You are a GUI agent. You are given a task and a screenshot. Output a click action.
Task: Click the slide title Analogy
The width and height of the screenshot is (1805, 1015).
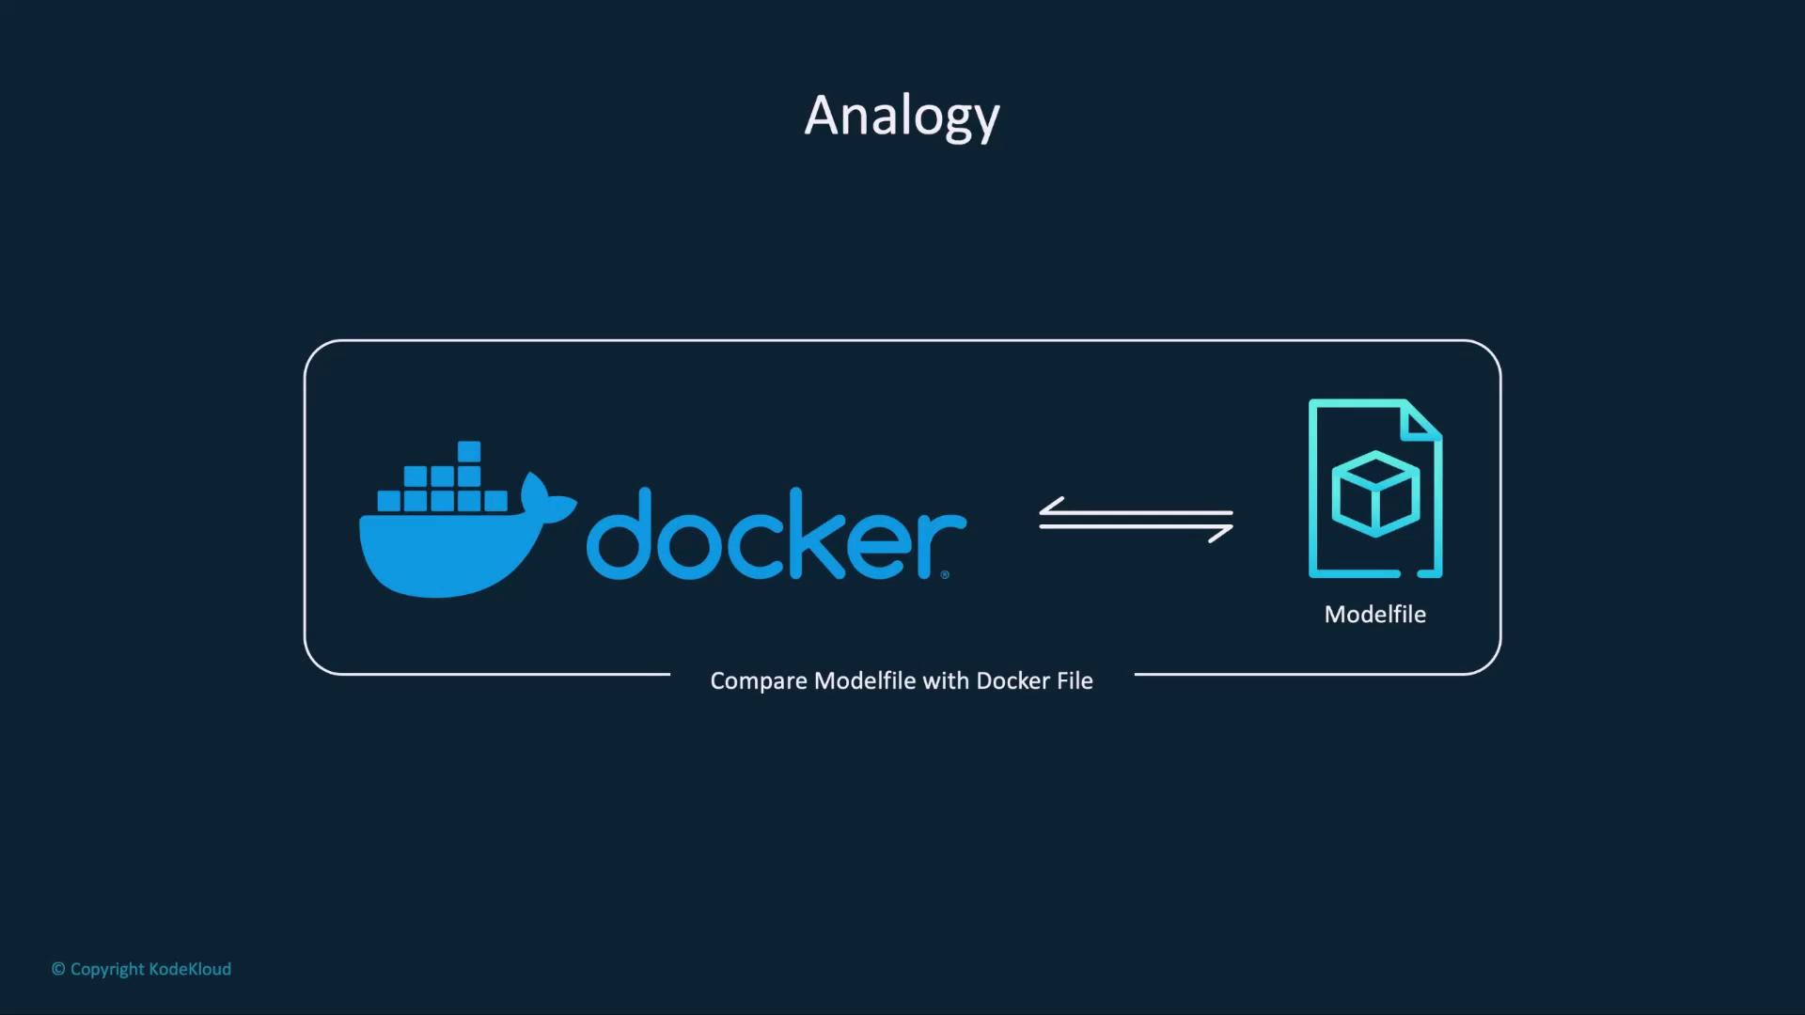[902, 116]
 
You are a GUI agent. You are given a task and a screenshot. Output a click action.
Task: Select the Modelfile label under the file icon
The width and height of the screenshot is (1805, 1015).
[1374, 615]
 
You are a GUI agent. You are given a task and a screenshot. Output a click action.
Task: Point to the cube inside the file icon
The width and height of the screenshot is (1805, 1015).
[1374, 493]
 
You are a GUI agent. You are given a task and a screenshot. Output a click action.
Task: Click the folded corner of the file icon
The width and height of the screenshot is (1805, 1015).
[1420, 420]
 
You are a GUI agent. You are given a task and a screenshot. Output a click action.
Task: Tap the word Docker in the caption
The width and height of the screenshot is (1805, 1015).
[1012, 681]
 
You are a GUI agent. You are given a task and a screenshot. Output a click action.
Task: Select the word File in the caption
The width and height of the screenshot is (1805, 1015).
[1075, 681]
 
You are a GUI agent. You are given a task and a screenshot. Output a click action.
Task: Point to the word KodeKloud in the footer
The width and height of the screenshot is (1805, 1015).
[190, 969]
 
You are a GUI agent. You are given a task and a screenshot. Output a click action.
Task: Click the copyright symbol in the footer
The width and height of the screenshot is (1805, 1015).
[58, 969]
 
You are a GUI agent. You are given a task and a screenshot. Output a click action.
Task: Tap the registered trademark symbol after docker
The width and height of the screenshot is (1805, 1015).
[945, 574]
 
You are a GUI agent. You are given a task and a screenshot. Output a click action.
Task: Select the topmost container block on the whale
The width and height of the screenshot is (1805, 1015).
[469, 451]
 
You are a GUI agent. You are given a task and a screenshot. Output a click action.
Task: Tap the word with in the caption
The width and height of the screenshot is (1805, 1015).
[946, 681]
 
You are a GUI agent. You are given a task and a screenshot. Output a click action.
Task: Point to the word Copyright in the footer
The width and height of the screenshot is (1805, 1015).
[107, 969]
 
